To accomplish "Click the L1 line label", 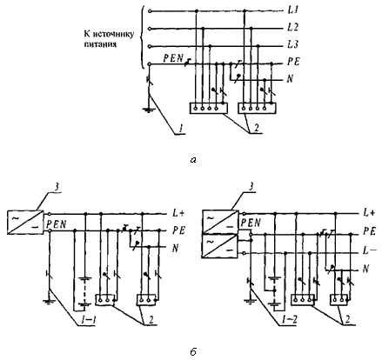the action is click(x=292, y=10).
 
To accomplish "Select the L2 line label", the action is click(x=292, y=27).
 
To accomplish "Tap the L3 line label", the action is click(x=292, y=44).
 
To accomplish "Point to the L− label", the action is click(x=369, y=251).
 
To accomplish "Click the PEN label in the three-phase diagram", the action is click(x=173, y=58).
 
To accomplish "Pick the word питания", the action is click(x=100, y=44).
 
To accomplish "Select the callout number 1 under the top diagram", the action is click(x=181, y=129).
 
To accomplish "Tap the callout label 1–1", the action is click(x=89, y=321).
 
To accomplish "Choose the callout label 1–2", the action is click(x=289, y=320).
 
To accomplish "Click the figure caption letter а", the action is click(x=193, y=160).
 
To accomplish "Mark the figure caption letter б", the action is click(x=193, y=351).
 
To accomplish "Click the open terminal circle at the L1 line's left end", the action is click(x=150, y=11).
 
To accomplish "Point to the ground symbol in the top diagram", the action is click(x=149, y=110).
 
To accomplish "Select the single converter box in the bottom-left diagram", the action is click(x=25, y=222).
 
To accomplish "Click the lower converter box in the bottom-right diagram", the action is click(x=219, y=246).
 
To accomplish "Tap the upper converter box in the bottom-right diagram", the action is click(x=219, y=222).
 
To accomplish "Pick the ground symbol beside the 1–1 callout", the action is click(x=50, y=302).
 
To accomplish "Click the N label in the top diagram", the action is click(x=290, y=79).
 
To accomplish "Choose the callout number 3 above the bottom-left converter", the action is click(x=57, y=187).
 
